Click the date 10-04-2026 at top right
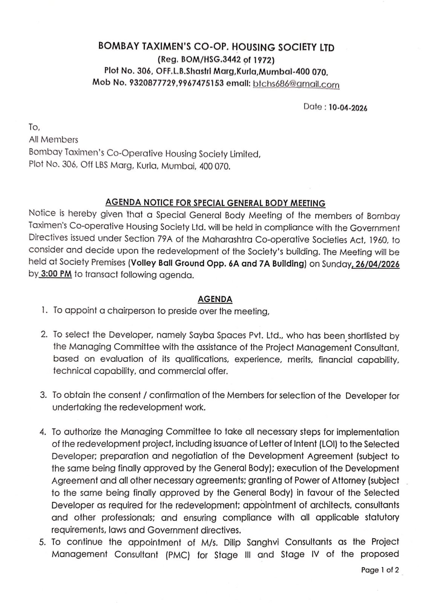(x=348, y=108)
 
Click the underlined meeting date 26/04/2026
(x=377, y=264)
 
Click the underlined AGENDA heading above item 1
(x=215, y=299)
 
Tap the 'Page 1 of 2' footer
(x=380, y=570)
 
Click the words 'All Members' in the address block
(x=54, y=140)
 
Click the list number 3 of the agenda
(x=44, y=395)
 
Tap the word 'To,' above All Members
(x=34, y=127)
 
